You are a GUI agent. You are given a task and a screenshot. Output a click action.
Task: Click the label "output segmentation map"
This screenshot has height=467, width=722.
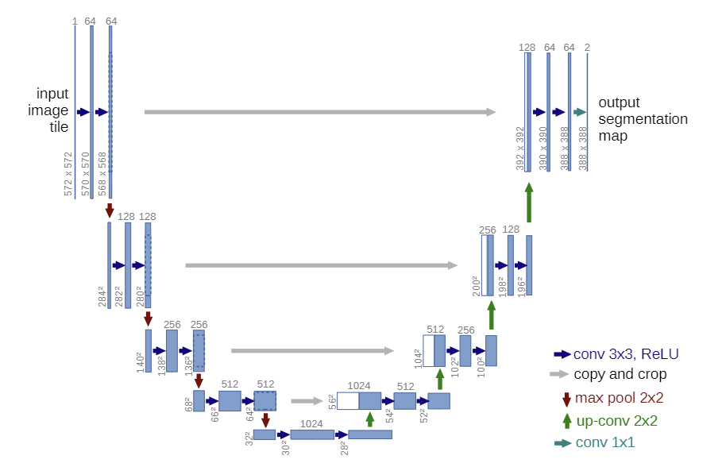coord(643,119)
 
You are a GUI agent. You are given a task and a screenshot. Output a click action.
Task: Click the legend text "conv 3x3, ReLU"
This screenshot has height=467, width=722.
coord(626,354)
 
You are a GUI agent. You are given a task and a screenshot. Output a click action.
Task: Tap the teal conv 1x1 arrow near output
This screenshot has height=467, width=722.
coord(580,112)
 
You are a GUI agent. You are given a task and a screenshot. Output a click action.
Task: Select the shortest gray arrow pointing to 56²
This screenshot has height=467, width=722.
coord(308,401)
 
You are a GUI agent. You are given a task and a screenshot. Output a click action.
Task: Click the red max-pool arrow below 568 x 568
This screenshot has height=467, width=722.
coord(110,210)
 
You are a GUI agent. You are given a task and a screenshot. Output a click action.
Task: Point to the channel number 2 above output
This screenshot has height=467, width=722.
coord(587,48)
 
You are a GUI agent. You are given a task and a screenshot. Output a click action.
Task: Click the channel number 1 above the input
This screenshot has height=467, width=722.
coord(75,21)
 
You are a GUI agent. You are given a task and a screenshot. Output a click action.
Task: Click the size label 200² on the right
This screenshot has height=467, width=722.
coord(476,285)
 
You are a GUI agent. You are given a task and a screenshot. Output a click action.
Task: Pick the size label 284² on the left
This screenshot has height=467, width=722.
coord(102,296)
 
